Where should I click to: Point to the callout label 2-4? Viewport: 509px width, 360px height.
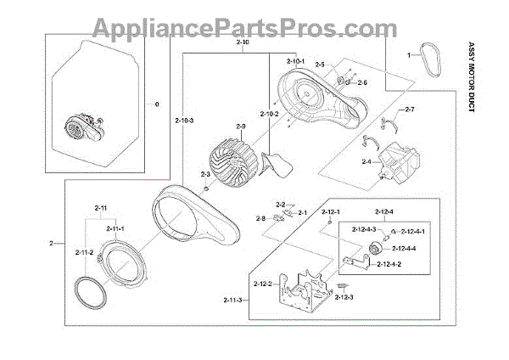(x=366, y=160)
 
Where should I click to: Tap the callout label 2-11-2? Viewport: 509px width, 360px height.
(x=84, y=252)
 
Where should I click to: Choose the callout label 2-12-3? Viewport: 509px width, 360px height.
(x=344, y=296)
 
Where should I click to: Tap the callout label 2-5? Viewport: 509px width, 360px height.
(x=320, y=65)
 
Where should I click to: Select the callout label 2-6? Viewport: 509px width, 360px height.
(x=362, y=82)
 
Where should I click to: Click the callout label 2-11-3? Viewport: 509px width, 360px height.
(x=234, y=300)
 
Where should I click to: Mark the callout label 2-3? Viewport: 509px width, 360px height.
(x=205, y=173)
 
